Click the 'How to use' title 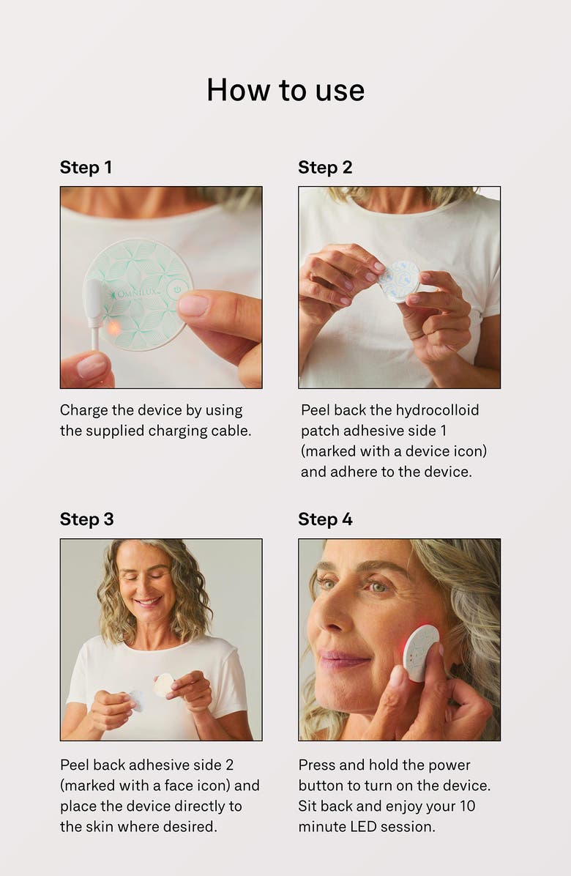[x=285, y=90]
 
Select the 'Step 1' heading [x=86, y=168]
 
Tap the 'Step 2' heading [x=325, y=168]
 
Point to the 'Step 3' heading [x=86, y=519]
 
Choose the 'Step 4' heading [x=325, y=519]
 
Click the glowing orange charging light [x=113, y=327]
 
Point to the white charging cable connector [x=94, y=303]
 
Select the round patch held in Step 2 [x=400, y=281]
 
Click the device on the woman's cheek [x=421, y=652]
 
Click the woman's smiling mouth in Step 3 [x=148, y=602]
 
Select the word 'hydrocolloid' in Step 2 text [x=437, y=410]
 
